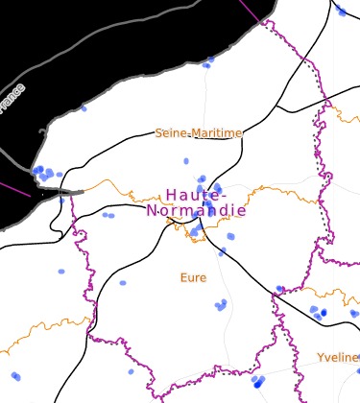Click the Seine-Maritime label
point(199,133)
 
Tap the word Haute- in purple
point(196,195)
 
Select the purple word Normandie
point(196,211)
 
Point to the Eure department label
point(193,278)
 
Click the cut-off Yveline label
point(338,357)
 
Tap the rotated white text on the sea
point(13,99)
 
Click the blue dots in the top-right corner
point(341,11)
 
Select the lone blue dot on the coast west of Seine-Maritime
point(84,108)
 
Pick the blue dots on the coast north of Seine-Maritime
point(207,63)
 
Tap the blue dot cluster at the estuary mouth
point(44,174)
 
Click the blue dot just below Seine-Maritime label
point(186,161)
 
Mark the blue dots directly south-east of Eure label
point(222,306)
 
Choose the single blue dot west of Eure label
point(123,283)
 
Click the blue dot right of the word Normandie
point(230,236)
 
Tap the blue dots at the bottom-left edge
point(14,376)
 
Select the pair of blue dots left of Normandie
point(108,215)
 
